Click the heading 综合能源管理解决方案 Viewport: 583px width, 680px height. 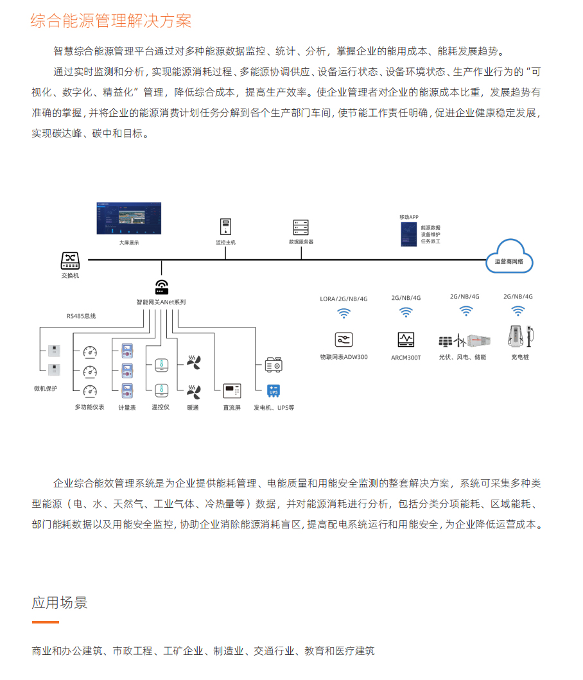pyautogui.click(x=111, y=21)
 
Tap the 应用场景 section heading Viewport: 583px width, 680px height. pyautogui.click(x=60, y=602)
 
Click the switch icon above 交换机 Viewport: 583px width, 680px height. pyautogui.click(x=70, y=260)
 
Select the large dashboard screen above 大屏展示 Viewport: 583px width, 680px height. pyautogui.click(x=128, y=219)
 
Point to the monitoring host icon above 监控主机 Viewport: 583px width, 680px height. pyautogui.click(x=226, y=227)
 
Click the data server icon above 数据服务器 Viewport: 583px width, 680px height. pyautogui.click(x=300, y=227)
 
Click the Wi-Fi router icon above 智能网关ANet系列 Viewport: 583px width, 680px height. pyautogui.click(x=161, y=287)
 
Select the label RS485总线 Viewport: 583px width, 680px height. pyautogui.click(x=81, y=316)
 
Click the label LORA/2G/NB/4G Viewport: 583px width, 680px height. pyautogui.click(x=344, y=298)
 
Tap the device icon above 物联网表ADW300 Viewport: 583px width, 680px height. pyautogui.click(x=344, y=340)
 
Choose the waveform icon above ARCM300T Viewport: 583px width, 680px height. pyautogui.click(x=406, y=339)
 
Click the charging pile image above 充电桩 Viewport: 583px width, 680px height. pyautogui.click(x=521, y=336)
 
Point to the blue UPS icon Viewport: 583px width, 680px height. pyautogui.click(x=274, y=390)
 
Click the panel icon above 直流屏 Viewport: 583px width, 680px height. pyautogui.click(x=231, y=390)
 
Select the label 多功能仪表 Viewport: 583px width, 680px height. pyautogui.click(x=89, y=407)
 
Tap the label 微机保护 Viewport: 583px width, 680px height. pyautogui.click(x=46, y=388)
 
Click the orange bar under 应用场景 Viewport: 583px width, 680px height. pyautogui.click(x=46, y=622)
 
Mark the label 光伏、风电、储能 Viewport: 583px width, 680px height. pyautogui.click(x=462, y=356)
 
